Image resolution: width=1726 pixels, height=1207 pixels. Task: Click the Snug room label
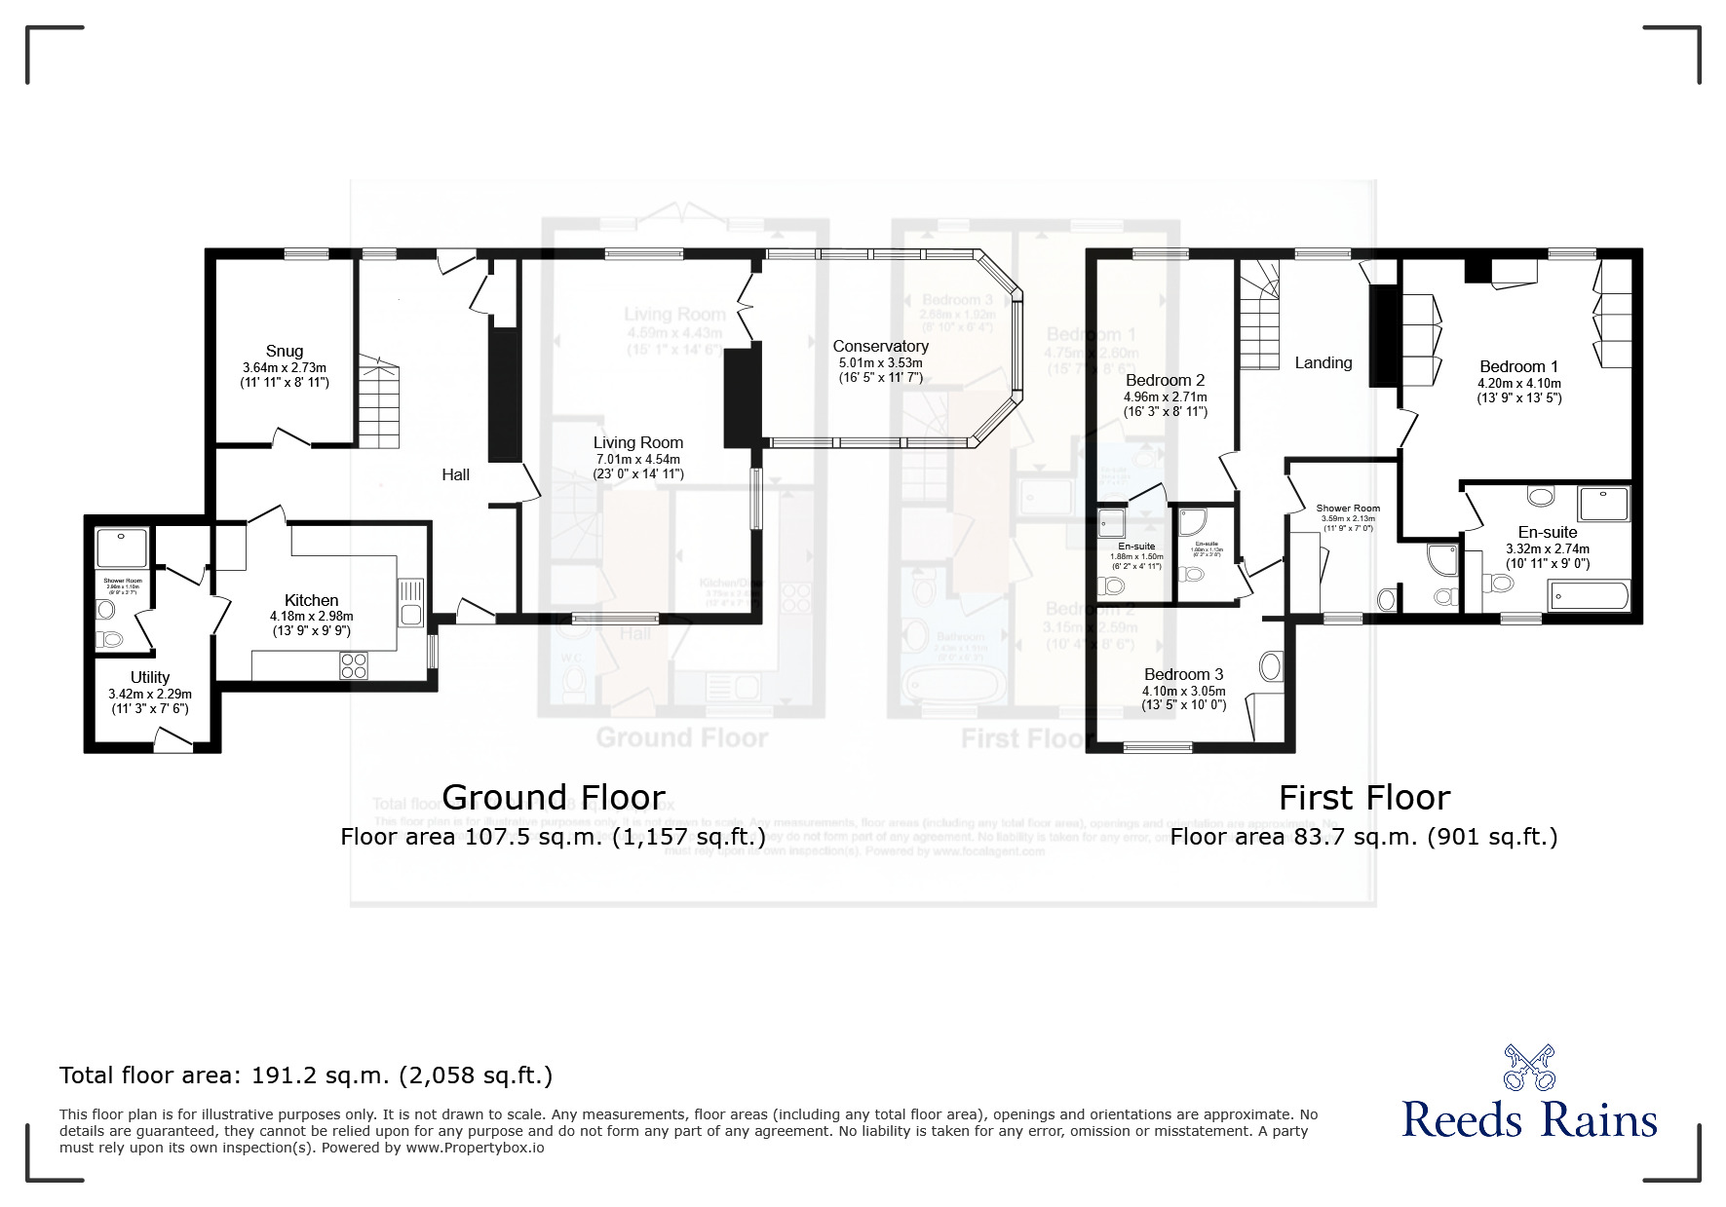(x=284, y=351)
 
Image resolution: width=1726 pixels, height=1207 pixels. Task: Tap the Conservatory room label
(x=880, y=346)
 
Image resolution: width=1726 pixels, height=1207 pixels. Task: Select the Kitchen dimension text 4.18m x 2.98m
(x=311, y=617)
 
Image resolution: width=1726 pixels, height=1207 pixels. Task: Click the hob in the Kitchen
(x=354, y=665)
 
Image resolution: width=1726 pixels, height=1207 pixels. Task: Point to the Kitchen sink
(x=410, y=602)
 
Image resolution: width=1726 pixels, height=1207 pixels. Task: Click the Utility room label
(x=150, y=677)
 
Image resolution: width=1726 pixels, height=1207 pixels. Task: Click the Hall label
(x=455, y=474)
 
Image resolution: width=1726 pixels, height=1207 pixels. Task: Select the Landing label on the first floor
(x=1323, y=362)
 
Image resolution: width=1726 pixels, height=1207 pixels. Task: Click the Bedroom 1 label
(x=1518, y=366)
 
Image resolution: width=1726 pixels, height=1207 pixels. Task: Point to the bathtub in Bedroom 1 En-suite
(x=1589, y=595)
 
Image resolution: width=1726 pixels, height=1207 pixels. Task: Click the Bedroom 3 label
(x=1183, y=674)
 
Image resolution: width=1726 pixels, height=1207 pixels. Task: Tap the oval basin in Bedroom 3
(x=1270, y=667)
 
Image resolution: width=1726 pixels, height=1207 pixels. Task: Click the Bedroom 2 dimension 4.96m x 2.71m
(x=1166, y=396)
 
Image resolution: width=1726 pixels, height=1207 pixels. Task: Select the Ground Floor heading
(x=554, y=797)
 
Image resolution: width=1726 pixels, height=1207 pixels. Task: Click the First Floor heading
(x=1363, y=798)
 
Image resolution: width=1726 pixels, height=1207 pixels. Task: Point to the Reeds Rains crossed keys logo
(x=1528, y=1068)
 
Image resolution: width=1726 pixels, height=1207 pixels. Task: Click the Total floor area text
(x=306, y=1075)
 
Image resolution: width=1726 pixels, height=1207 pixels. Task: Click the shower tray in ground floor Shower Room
(x=122, y=547)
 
